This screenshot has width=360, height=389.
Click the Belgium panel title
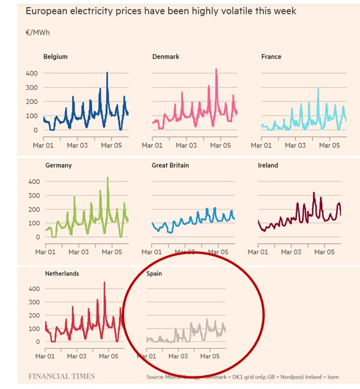click(55, 56)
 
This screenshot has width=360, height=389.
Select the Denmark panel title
click(166, 56)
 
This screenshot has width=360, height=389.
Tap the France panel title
click(271, 56)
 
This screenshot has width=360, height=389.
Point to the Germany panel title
click(58, 165)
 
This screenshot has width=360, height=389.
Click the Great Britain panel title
click(170, 165)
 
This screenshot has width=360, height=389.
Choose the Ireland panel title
click(268, 165)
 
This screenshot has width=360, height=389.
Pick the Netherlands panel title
click(62, 274)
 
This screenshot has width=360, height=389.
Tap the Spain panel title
click(154, 274)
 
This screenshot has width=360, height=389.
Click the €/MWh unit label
click(37, 32)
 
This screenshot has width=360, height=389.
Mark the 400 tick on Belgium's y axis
click(31, 74)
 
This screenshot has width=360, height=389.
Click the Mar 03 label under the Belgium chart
click(77, 145)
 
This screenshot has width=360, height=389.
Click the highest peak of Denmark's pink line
click(216, 70)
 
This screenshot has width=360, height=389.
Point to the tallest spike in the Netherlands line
click(104, 283)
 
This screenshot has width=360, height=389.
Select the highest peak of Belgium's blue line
click(107, 73)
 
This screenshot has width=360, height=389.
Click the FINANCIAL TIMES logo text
click(62, 376)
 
